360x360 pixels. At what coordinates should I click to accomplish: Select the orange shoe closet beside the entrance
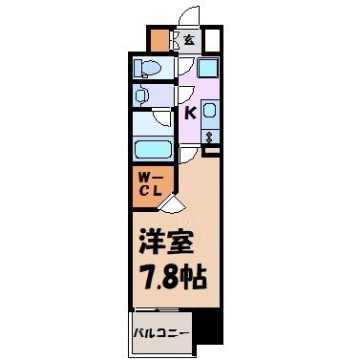[x=159, y=41]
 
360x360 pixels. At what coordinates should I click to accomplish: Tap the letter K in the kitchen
[x=189, y=114]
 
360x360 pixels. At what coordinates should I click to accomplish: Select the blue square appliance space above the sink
[x=208, y=69]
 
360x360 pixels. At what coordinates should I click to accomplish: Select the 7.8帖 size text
[x=167, y=280]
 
